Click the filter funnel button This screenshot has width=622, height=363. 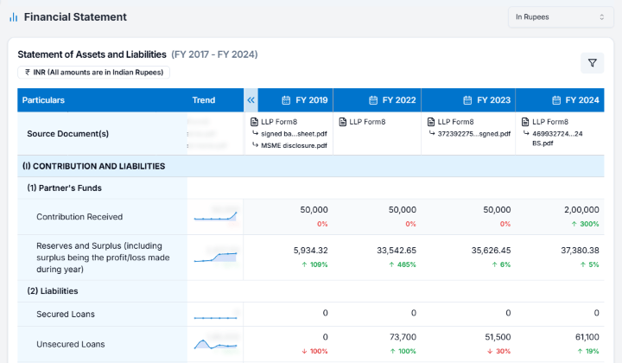[x=592, y=62]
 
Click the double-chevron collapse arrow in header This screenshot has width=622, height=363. [x=251, y=100]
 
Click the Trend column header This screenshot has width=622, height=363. [x=204, y=100]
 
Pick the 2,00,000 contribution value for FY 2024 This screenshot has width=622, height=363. [x=579, y=210]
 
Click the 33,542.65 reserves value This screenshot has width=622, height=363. [x=395, y=251]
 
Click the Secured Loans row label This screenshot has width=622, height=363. [x=66, y=314]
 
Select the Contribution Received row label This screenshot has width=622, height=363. [x=79, y=216]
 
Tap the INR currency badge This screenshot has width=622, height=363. [x=93, y=73]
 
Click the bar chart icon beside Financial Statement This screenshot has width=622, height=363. [x=13, y=17]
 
